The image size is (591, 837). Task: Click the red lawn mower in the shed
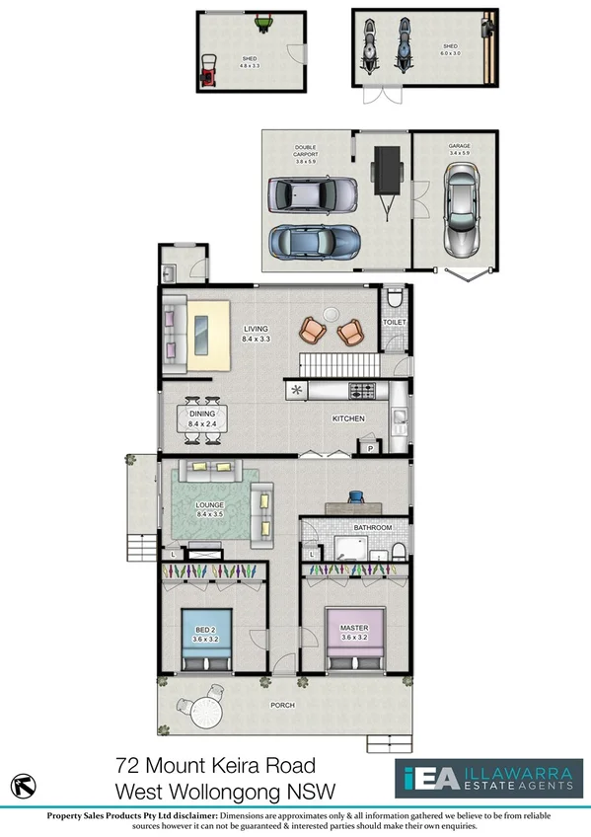pyautogui.click(x=210, y=70)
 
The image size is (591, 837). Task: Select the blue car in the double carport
pyautogui.click(x=314, y=241)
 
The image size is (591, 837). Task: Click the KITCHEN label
pyautogui.click(x=348, y=419)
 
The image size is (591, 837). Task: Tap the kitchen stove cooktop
pyautogui.click(x=361, y=389)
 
